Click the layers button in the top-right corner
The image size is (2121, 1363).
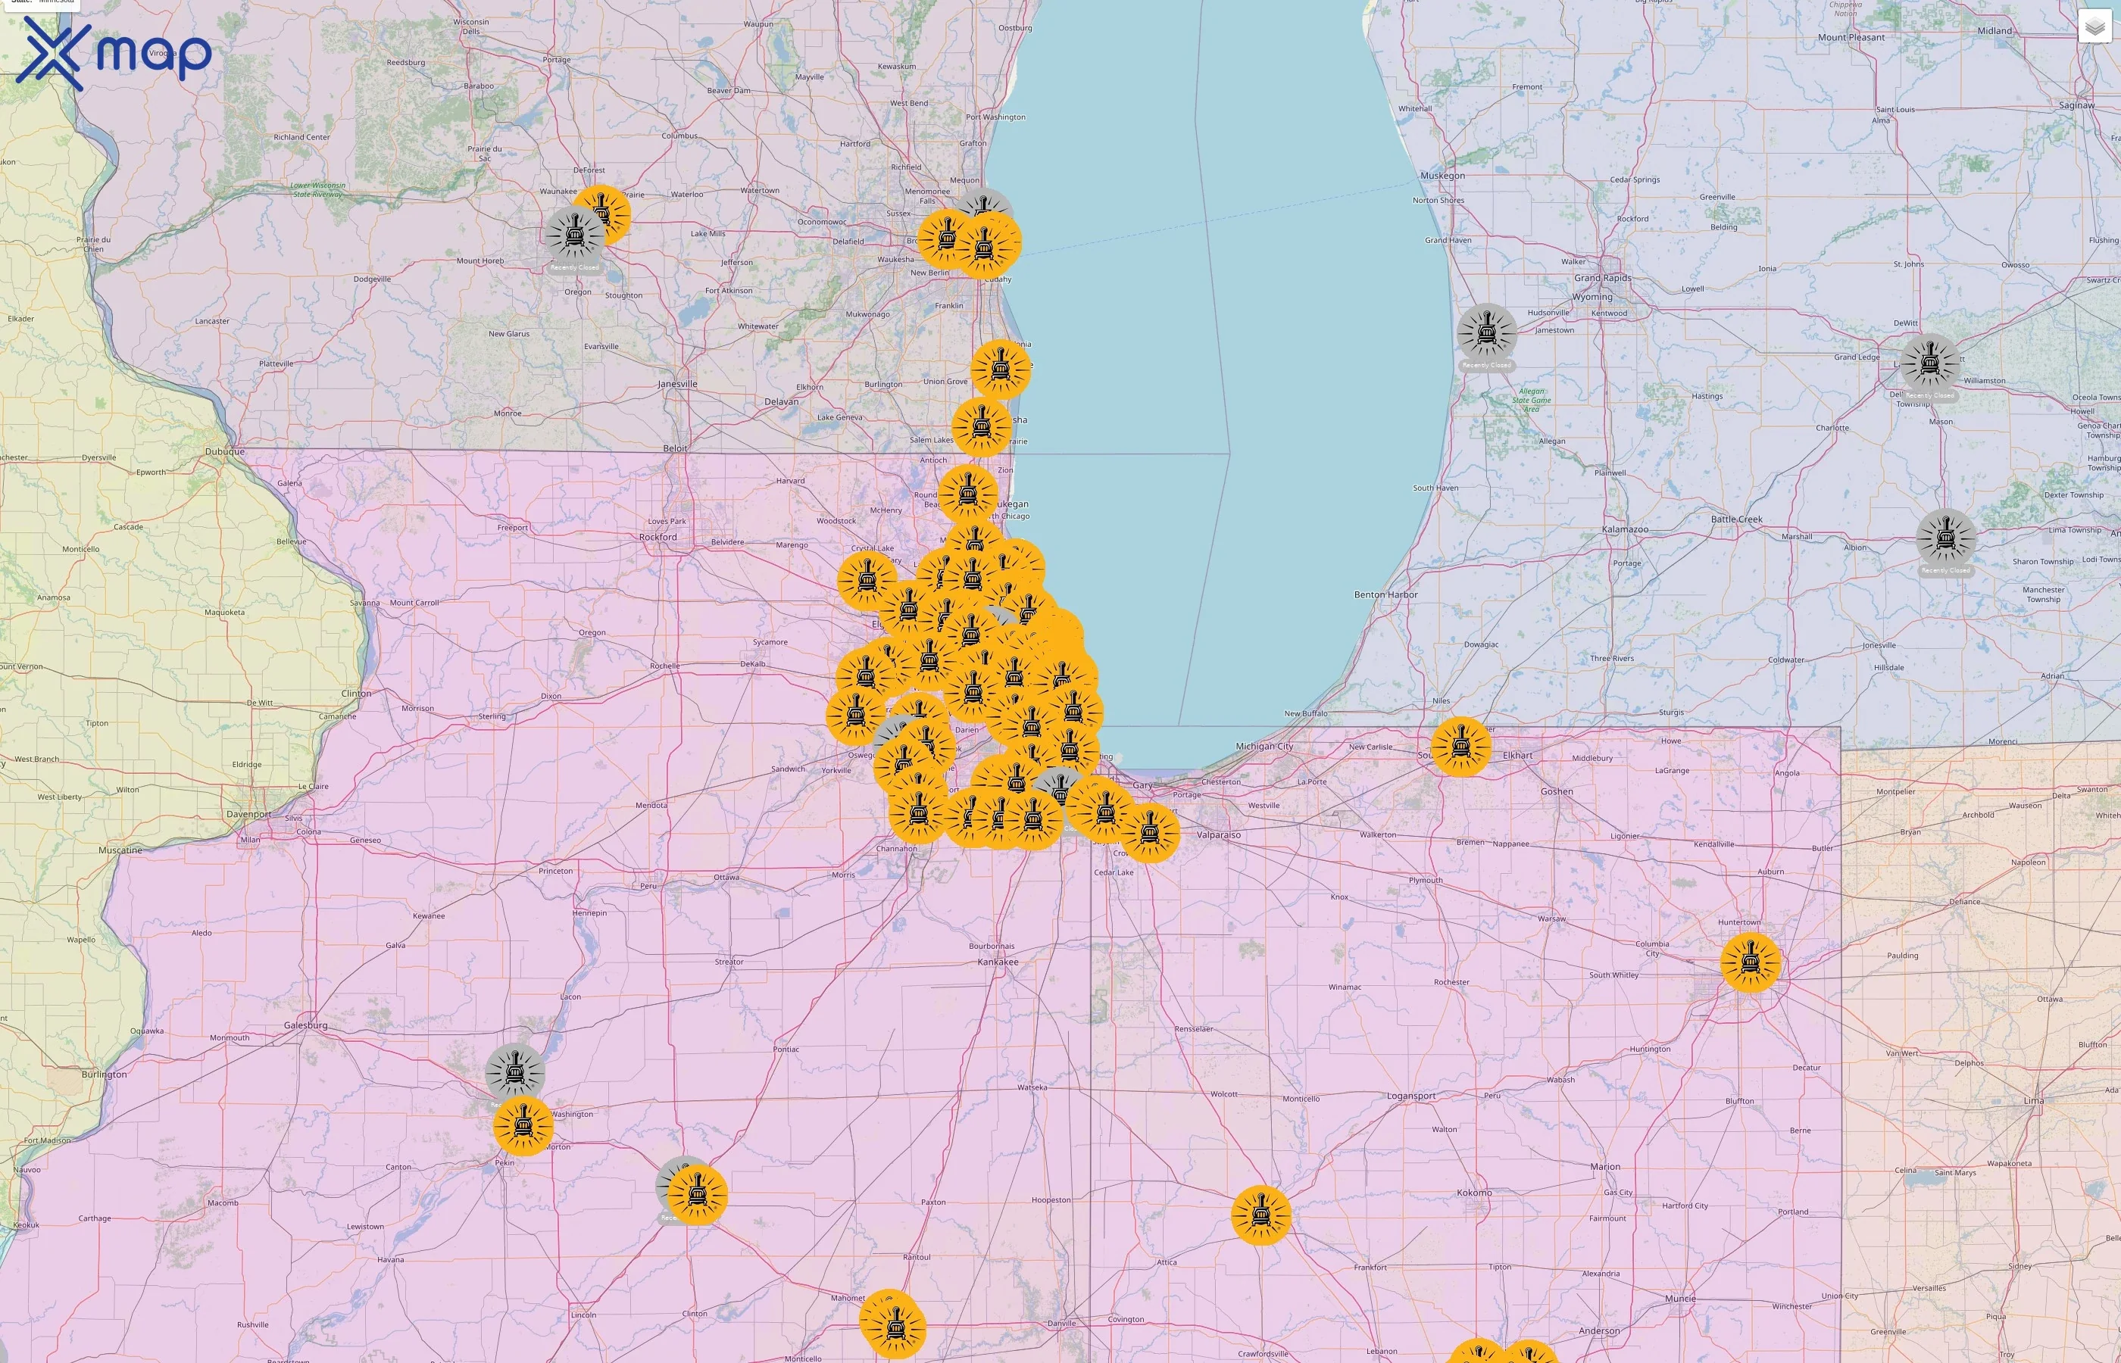[2094, 27]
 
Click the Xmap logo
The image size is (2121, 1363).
[114, 53]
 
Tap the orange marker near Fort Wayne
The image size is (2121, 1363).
[1750, 962]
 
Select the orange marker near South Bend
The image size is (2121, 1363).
[1460, 746]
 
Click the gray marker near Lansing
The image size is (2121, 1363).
[1930, 363]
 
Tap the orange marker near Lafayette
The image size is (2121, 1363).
[1260, 1215]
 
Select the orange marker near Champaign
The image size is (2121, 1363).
[892, 1325]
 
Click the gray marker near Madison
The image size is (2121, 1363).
[573, 236]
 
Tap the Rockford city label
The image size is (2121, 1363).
[658, 537]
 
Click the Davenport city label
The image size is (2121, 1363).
[248, 814]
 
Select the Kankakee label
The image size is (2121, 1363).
[998, 962]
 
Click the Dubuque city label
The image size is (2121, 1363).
[225, 451]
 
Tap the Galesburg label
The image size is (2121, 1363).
[305, 1026]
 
